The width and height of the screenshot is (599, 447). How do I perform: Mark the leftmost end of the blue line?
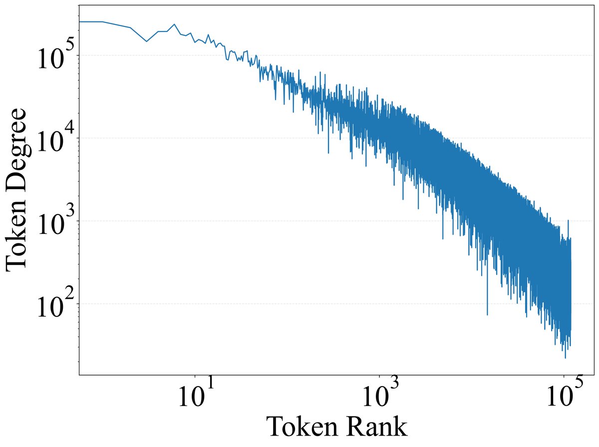click(80, 22)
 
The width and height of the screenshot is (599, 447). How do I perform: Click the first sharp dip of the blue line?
click(147, 41)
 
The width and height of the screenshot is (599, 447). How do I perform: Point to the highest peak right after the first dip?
click(175, 24)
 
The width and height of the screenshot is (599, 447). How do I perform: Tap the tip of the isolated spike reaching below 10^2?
click(487, 315)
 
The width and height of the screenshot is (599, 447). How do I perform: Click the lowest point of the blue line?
click(565, 358)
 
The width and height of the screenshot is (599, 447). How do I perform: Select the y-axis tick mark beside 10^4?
click(78, 138)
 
